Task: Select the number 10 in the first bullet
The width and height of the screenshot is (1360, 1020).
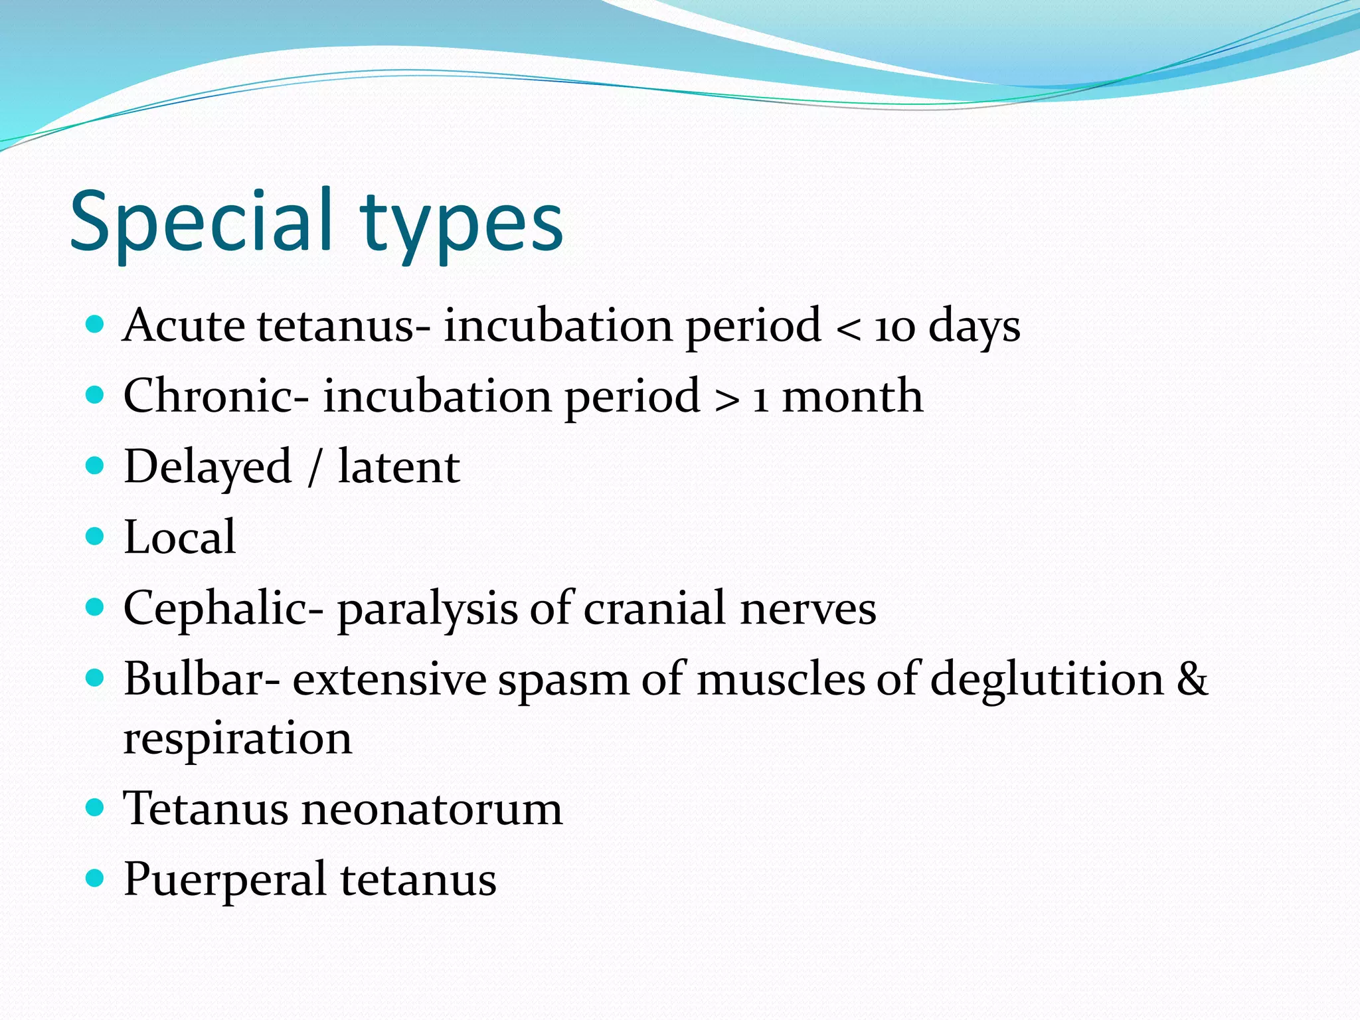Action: click(x=894, y=327)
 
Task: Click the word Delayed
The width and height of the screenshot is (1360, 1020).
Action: click(x=208, y=467)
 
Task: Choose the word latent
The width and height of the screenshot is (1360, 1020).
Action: click(x=398, y=467)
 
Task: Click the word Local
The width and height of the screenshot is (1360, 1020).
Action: click(x=179, y=537)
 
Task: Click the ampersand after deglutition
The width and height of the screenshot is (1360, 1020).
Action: click(x=1192, y=679)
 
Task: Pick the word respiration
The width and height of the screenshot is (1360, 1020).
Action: click(x=237, y=738)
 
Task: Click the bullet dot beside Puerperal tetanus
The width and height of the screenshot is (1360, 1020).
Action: click(x=96, y=879)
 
